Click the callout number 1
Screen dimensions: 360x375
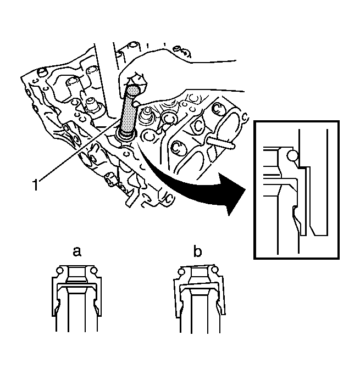[35, 185]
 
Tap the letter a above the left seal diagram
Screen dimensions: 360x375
[76, 251]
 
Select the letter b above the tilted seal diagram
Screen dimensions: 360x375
[197, 251]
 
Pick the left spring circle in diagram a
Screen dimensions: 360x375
[60, 271]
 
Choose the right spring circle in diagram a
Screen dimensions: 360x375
[94, 271]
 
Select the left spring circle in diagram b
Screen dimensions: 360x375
[181, 272]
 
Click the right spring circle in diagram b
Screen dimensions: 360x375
[215, 270]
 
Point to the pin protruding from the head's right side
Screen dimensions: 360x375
[221, 143]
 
